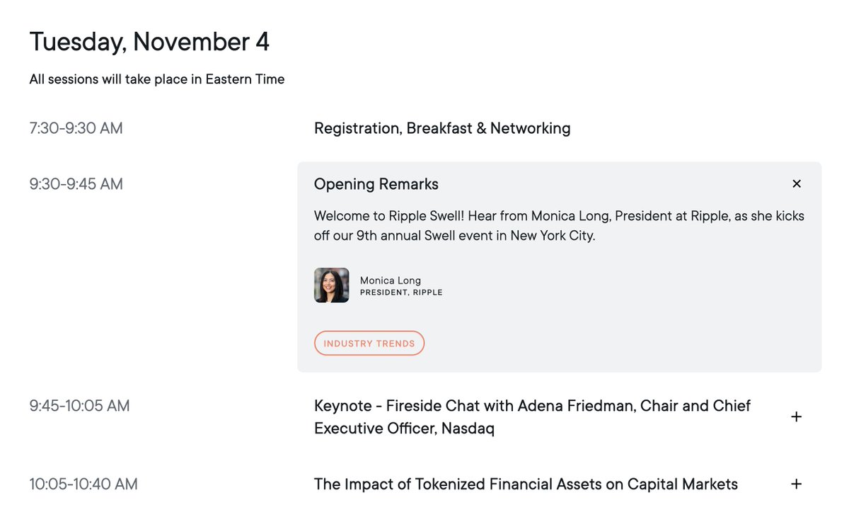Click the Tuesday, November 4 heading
tap(149, 42)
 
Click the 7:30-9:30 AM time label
tap(76, 128)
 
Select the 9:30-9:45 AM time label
tap(76, 184)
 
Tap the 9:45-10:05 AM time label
tap(79, 406)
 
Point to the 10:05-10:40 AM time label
tap(83, 484)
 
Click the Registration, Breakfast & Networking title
tap(442, 128)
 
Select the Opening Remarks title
tap(376, 184)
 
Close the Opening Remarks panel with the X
tap(797, 184)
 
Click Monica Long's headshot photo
tap(331, 285)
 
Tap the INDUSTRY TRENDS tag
tap(369, 344)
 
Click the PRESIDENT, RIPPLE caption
tap(401, 293)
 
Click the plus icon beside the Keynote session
tap(796, 417)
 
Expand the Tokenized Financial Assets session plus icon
tap(796, 484)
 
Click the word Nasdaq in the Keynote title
tap(468, 429)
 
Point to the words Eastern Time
tap(245, 79)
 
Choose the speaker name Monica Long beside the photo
tap(390, 280)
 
